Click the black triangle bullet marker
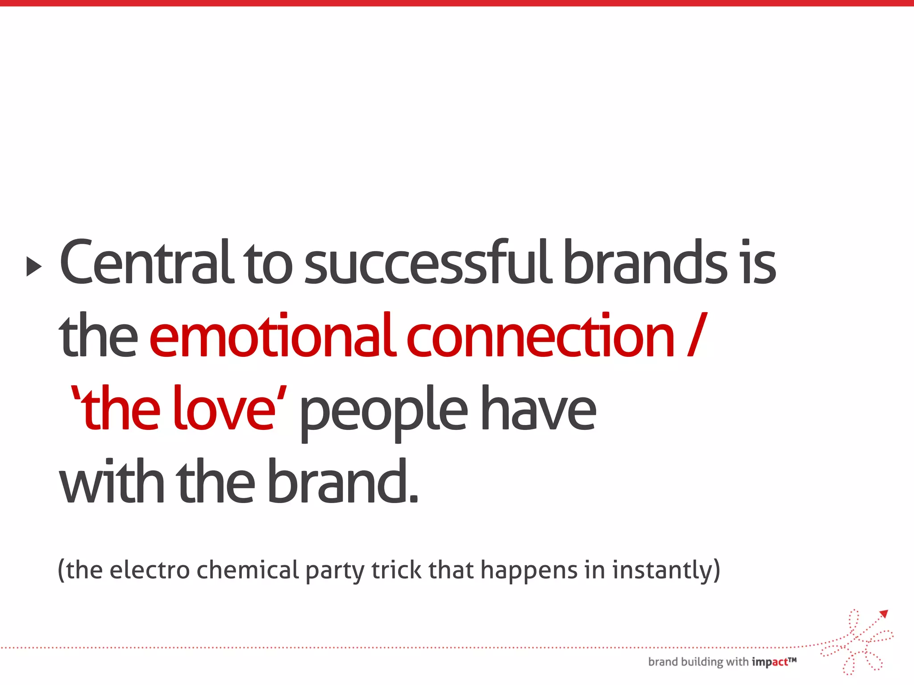click(x=34, y=266)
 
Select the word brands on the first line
click(x=645, y=263)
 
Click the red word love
click(x=224, y=409)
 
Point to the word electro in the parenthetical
click(x=150, y=570)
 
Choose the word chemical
click(x=247, y=570)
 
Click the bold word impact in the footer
click(x=770, y=662)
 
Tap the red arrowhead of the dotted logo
click(x=884, y=614)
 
